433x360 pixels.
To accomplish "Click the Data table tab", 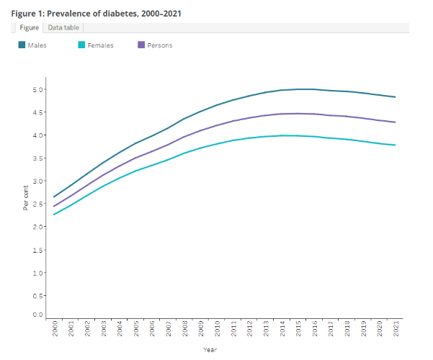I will pyautogui.click(x=64, y=27).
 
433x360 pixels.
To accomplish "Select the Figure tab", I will pyautogui.click(x=30, y=27).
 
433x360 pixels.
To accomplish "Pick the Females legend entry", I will pyautogui.click(x=100, y=45).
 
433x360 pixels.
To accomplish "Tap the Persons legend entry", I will pyautogui.click(x=159, y=45).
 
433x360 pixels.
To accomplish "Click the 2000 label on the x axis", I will pyautogui.click(x=55, y=330).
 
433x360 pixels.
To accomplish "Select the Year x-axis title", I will pyautogui.click(x=210, y=350).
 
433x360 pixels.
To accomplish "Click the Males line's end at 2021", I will pyautogui.click(x=396, y=97).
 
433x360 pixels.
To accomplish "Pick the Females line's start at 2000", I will pyautogui.click(x=55, y=215).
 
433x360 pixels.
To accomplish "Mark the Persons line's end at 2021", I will pyautogui.click(x=396, y=122).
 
